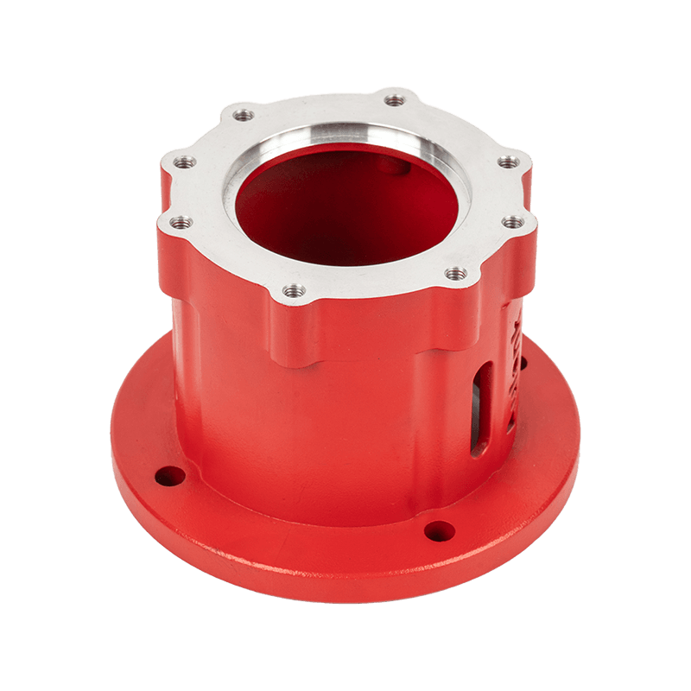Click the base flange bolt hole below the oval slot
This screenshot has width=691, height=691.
pyautogui.click(x=440, y=530)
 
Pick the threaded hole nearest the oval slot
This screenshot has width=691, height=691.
pyautogui.click(x=456, y=274)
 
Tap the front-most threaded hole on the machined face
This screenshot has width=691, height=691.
pyautogui.click(x=294, y=291)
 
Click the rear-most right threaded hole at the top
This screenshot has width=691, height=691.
pyautogui.click(x=395, y=100)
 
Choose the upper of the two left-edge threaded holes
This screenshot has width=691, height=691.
pyautogui.click(x=184, y=162)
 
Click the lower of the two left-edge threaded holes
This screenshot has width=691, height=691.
pyautogui.click(x=181, y=222)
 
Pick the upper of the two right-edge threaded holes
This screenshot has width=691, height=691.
pyautogui.click(x=510, y=162)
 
